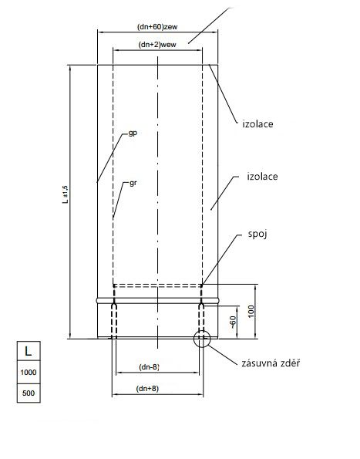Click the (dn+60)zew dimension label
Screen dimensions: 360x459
click(x=157, y=27)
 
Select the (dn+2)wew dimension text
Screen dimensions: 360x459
click(x=157, y=45)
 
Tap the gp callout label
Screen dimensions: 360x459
click(x=133, y=133)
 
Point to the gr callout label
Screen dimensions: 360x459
click(x=133, y=183)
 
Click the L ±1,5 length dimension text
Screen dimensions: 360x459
click(x=66, y=194)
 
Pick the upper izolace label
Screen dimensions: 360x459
click(x=257, y=124)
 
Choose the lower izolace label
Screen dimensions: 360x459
click(x=262, y=176)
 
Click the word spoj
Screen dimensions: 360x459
click(x=257, y=235)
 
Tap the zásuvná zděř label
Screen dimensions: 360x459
click(x=271, y=363)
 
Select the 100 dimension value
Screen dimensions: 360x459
click(x=251, y=311)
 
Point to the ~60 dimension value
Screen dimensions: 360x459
click(x=233, y=322)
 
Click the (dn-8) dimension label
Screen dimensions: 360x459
click(x=149, y=366)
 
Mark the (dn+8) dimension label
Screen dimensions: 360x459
click(x=147, y=389)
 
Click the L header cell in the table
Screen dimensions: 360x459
click(x=29, y=351)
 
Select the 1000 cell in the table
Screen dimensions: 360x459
click(x=29, y=373)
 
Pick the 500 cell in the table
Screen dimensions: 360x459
click(x=29, y=393)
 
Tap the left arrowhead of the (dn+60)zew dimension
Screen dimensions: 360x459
click(x=100, y=32)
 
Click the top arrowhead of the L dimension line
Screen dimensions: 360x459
click(x=70, y=68)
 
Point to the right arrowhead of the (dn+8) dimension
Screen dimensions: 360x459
click(x=200, y=395)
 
